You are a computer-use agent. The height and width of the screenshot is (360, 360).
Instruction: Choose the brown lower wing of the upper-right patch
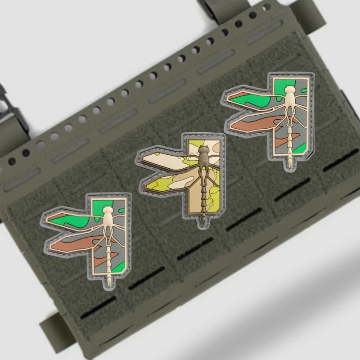(x=252, y=124)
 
